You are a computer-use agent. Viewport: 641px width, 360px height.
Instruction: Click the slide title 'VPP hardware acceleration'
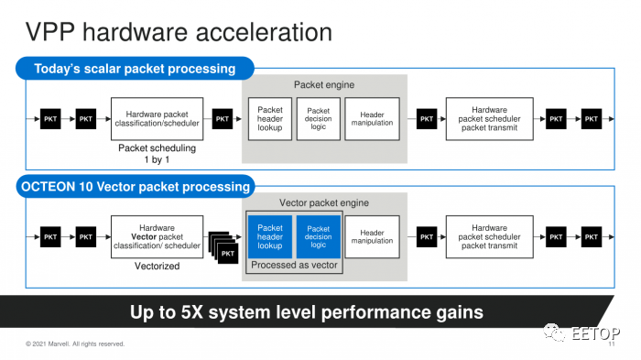(x=179, y=32)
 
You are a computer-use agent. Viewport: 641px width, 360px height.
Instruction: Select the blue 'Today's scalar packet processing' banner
(x=135, y=69)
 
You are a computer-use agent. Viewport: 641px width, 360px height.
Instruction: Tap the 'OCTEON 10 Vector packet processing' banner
(x=136, y=187)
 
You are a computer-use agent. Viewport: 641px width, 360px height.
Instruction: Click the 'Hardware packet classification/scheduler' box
(x=157, y=119)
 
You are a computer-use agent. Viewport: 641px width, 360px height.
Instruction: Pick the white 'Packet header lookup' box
(x=270, y=119)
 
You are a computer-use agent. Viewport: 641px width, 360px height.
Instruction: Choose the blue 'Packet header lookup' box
(x=270, y=237)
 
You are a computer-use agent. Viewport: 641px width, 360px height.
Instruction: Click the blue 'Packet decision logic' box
(x=318, y=237)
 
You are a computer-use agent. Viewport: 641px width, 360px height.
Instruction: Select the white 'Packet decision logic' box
(x=318, y=119)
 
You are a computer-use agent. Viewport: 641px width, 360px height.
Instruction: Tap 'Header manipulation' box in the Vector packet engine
(x=372, y=237)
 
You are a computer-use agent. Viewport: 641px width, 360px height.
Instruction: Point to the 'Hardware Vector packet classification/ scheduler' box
(x=157, y=237)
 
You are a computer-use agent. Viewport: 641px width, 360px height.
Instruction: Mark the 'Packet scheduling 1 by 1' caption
(x=157, y=154)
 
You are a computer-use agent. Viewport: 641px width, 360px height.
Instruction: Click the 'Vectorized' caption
(x=157, y=267)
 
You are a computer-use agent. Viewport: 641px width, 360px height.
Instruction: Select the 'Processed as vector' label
(x=294, y=265)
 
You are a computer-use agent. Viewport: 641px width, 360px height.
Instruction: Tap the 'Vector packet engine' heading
(x=324, y=203)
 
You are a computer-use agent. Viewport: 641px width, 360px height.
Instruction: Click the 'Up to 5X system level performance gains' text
(x=307, y=312)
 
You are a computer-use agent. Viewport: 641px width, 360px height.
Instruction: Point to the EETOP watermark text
(x=595, y=333)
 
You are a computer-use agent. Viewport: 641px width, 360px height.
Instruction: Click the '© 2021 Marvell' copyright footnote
(x=75, y=344)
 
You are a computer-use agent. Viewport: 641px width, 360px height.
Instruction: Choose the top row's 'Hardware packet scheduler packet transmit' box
(x=489, y=119)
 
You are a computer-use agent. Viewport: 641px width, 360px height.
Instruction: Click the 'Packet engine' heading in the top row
(x=324, y=84)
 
